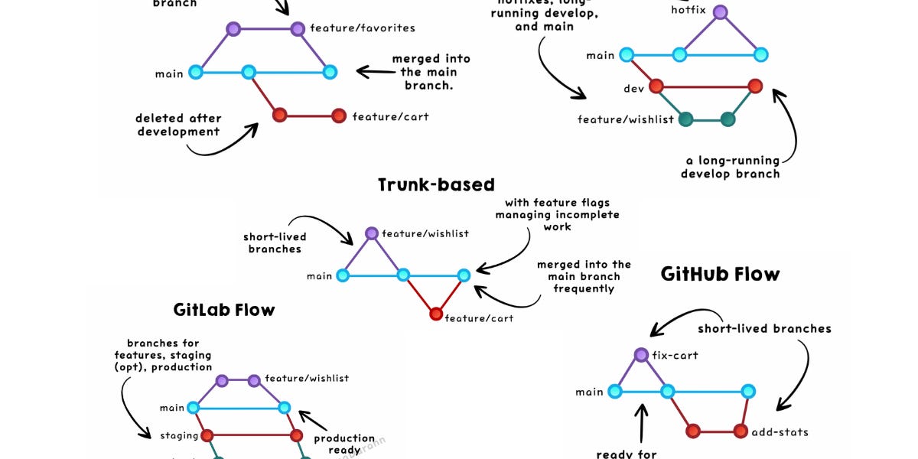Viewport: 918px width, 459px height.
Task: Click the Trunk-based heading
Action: click(436, 184)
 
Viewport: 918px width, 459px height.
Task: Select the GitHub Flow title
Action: click(720, 274)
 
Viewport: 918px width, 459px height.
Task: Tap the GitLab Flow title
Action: click(223, 310)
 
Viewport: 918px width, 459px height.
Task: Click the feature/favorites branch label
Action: click(363, 28)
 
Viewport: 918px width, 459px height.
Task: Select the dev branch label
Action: click(633, 89)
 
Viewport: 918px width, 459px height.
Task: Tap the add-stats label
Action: click(780, 431)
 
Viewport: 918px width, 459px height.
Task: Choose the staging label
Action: click(179, 435)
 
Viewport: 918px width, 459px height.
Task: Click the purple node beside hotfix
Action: click(720, 11)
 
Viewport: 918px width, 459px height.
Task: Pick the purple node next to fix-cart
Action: click(642, 355)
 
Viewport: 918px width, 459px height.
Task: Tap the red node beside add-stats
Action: click(741, 431)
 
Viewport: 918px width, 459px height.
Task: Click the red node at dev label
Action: click(656, 86)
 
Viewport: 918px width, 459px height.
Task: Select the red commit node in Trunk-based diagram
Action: click(436, 314)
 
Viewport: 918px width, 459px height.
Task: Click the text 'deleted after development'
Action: click(178, 125)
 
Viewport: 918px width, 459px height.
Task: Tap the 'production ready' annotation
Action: click(344, 444)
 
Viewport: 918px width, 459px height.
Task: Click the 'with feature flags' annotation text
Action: click(557, 203)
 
